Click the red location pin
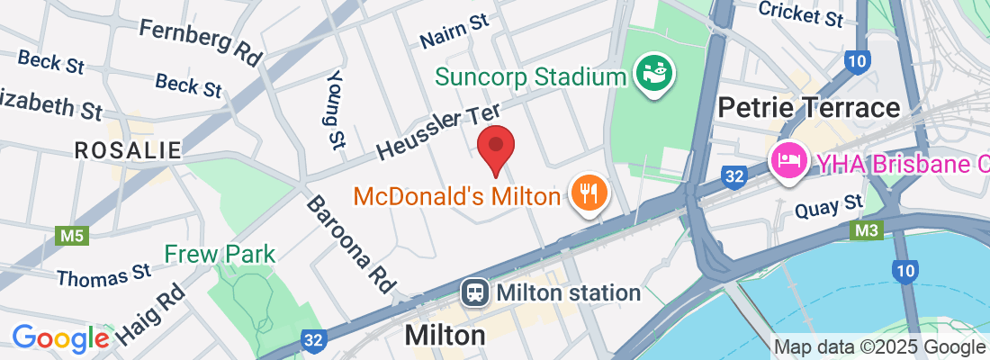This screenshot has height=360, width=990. tap(495, 149)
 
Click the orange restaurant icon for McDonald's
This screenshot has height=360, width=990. tap(589, 193)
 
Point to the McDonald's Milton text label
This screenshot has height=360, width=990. tap(456, 194)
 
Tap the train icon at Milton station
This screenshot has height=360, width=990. tap(474, 292)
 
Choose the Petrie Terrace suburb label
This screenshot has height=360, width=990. tap(808, 109)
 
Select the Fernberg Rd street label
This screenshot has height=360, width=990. tap(200, 41)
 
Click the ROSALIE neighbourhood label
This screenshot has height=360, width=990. tap(128, 150)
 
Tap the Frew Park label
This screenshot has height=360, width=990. tap(220, 254)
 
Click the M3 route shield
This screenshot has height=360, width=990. tap(864, 231)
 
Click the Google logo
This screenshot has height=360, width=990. tap(60, 338)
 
